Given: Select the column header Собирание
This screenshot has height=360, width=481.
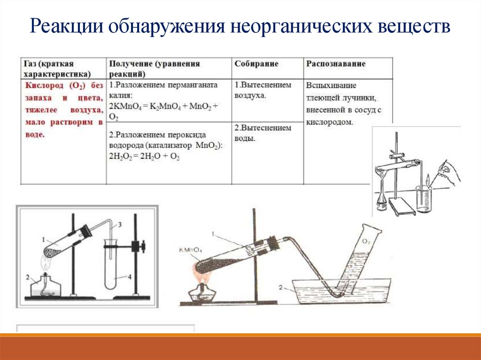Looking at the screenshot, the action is click(256, 64).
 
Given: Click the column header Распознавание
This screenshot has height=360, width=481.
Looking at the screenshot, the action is click(336, 64).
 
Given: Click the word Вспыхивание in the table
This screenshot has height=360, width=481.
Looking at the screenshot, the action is click(331, 86).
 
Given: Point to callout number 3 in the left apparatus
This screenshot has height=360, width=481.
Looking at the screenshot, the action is click(120, 225).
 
